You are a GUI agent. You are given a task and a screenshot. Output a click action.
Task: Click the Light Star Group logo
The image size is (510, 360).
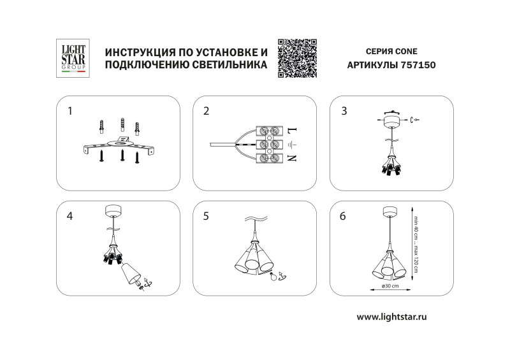tap(73, 59)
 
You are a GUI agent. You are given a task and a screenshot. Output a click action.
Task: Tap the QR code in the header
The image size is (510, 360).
tap(298, 58)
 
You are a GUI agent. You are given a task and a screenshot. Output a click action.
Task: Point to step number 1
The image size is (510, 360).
tap(71, 111)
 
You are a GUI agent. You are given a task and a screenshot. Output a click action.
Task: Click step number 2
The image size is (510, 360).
tap(206, 111)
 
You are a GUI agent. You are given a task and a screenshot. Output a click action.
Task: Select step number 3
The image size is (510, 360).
tap(344, 111)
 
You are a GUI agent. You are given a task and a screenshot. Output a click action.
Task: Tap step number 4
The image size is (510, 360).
tap(70, 216)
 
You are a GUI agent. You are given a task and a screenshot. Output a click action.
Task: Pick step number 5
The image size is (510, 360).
tap(206, 216)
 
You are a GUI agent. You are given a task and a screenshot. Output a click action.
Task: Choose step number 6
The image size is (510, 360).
tap(344, 216)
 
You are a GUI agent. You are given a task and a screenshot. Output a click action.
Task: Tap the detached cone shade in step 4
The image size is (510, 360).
tap(130, 273)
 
